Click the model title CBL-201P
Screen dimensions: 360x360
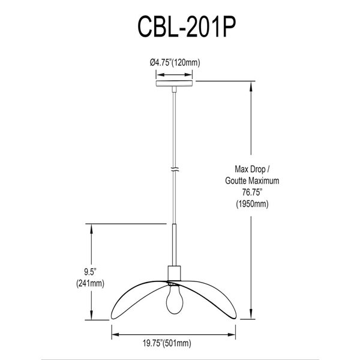click(179, 29)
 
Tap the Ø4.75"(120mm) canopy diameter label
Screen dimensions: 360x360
click(175, 62)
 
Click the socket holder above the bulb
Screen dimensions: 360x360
click(175, 273)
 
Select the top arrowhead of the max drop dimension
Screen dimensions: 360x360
click(251, 85)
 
